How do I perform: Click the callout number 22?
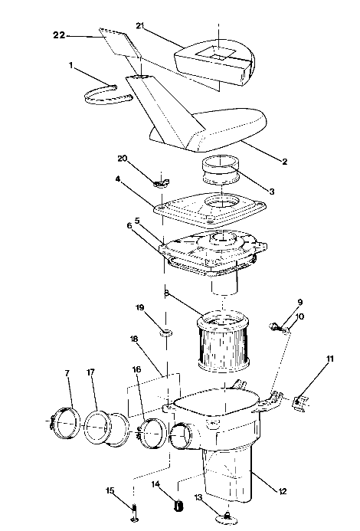[x=59, y=35]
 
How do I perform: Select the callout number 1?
[x=72, y=67]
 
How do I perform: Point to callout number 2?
[x=284, y=162]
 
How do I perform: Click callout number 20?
[x=122, y=158]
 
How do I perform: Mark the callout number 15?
[x=110, y=490]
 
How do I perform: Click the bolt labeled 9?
[x=275, y=329]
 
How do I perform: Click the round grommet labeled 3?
[x=220, y=169]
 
